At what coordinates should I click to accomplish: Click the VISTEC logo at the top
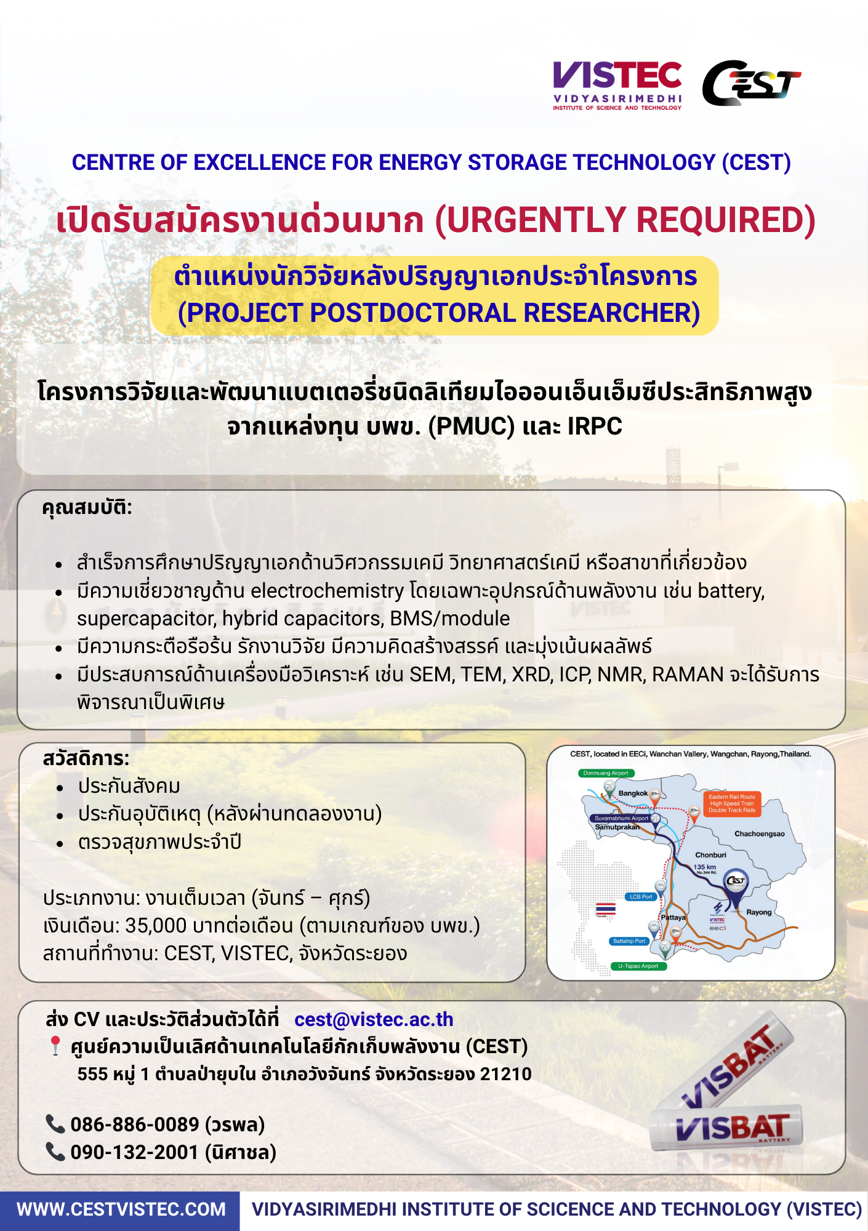617,85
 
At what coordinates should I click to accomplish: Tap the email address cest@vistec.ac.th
374,1019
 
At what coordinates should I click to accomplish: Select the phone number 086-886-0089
134,1125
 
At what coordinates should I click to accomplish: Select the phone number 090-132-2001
134,1152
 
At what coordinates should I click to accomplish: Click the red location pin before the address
55,1045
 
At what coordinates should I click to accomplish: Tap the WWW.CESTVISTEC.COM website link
121,1209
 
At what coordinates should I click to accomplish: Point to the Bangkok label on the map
633,793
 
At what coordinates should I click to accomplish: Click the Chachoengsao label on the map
759,834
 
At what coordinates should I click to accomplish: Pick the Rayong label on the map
758,912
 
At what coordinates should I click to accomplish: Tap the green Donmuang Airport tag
606,773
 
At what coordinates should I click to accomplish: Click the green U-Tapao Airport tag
638,966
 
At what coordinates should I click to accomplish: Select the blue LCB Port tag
641,897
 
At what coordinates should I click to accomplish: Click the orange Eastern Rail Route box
731,803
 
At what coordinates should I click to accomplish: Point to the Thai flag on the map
606,908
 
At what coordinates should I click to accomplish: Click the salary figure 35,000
156,926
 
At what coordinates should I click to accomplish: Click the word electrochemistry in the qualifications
327,591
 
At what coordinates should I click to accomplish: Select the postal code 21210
505,1074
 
